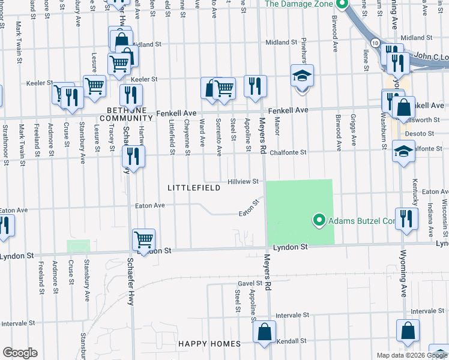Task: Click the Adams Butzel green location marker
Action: [x=319, y=221]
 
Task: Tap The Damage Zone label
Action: [x=299, y=4]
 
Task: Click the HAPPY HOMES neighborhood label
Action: [x=209, y=344]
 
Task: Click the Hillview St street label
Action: [x=243, y=181]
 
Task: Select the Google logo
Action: [x=20, y=353]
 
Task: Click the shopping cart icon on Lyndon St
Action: [x=144, y=240]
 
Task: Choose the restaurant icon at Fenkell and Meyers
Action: [x=256, y=86]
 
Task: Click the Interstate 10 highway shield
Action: [x=375, y=43]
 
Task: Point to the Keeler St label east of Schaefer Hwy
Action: [x=144, y=79]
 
